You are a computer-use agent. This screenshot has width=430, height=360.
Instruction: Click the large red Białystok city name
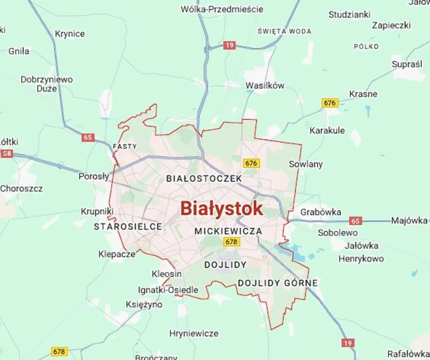tap(221, 208)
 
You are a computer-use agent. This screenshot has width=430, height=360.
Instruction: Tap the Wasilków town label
tap(264, 85)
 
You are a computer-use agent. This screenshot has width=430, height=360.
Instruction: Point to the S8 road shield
tap(7, 154)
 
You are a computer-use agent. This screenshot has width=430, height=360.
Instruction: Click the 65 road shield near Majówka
tap(355, 221)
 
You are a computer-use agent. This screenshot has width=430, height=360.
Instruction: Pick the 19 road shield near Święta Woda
tap(230, 46)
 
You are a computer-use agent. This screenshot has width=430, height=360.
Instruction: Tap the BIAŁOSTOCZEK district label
tap(204, 178)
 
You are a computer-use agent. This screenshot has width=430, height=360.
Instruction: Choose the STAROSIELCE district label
tap(128, 227)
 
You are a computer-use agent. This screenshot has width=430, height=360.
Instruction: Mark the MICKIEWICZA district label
tap(228, 231)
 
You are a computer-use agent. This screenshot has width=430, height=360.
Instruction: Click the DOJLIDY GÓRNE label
tap(278, 283)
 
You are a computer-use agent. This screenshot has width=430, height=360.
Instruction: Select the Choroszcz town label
tap(21, 189)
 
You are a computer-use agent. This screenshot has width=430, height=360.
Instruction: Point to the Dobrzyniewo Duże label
tap(46, 84)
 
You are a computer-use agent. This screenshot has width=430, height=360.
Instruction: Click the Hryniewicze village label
tap(193, 333)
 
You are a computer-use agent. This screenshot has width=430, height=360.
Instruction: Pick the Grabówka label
tap(321, 212)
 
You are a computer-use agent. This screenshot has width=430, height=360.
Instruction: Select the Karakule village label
tap(327, 131)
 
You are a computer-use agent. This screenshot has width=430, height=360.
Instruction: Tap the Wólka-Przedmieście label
tap(222, 9)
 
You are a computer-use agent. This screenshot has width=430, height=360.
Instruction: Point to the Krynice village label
tap(70, 34)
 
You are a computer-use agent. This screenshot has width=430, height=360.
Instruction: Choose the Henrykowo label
tap(361, 259)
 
